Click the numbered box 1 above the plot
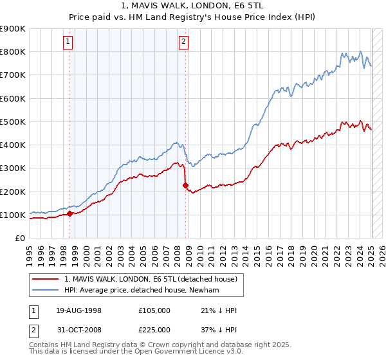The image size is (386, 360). [x=68, y=42]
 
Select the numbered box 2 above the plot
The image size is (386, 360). [x=183, y=42]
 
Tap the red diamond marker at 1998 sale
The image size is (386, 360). [x=69, y=214]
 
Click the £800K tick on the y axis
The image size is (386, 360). [x=13, y=52]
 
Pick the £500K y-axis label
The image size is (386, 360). [x=13, y=122]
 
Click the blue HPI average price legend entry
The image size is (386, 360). [x=142, y=290]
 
